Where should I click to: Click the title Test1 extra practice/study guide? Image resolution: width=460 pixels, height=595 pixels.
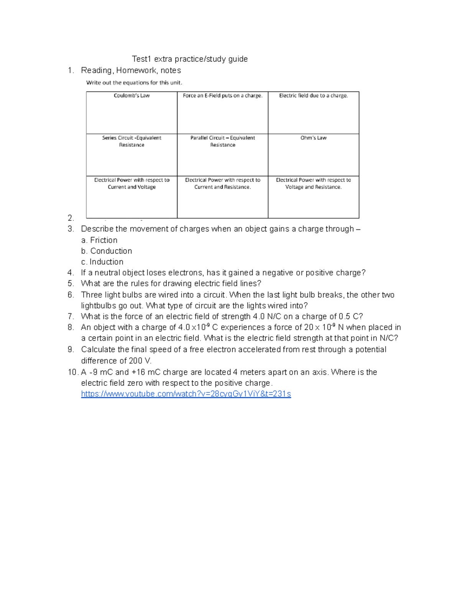point(190,59)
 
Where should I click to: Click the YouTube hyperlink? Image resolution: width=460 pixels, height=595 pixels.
point(186,394)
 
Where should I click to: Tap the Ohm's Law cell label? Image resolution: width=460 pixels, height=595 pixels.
point(313,138)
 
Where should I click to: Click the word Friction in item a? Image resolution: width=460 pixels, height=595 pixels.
point(103,240)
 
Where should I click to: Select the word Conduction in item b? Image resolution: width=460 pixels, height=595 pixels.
point(111,251)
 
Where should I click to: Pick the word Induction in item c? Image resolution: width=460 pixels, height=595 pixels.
point(107,262)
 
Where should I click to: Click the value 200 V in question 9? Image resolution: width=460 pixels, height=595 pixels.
point(140,361)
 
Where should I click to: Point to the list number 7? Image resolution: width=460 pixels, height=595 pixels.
point(70,316)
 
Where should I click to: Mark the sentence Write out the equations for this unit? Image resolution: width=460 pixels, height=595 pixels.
point(134,83)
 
